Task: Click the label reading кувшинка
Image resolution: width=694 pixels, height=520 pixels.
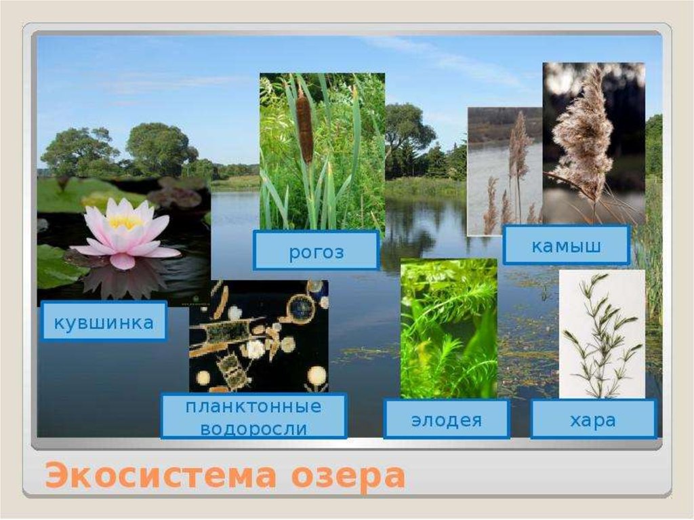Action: coord(103,322)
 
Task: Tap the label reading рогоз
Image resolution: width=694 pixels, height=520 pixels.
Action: coord(316,252)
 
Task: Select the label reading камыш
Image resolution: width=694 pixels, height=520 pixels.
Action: coord(566,245)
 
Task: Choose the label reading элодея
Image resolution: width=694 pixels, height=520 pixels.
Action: coord(446,420)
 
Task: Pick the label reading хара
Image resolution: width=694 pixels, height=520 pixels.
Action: coord(593,420)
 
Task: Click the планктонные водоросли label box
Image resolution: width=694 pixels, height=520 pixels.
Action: coord(253,418)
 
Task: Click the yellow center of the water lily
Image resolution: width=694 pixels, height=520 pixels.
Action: coord(125,222)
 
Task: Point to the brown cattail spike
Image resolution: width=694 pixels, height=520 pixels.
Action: coord(304,128)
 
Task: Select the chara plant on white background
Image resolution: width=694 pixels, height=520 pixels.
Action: coord(600,332)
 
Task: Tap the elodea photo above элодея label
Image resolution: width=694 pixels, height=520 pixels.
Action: coord(448,329)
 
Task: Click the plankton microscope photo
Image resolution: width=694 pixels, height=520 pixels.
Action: coord(258,336)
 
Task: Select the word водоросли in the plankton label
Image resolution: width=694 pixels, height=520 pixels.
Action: coord(253,428)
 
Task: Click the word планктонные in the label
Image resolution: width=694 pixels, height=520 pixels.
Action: coord(253,407)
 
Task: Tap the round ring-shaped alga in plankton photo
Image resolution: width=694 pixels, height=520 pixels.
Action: coord(300,309)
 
